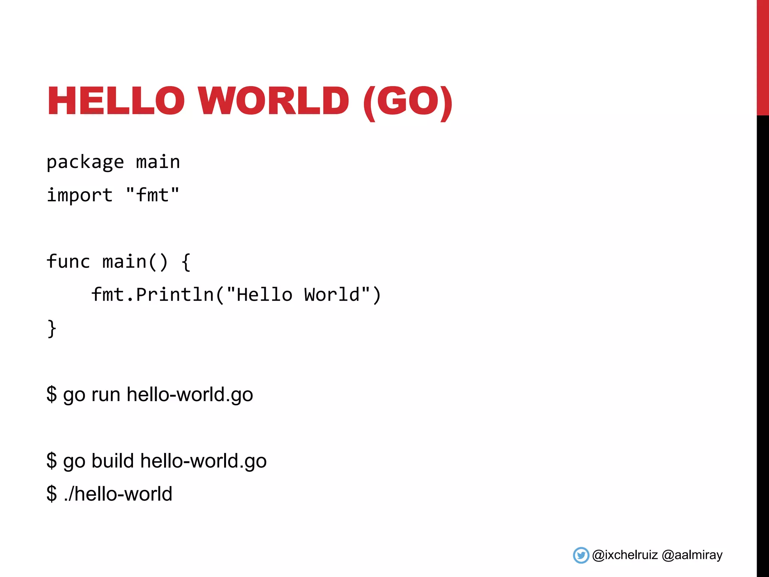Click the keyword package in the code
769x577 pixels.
(x=85, y=162)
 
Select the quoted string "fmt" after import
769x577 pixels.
(x=152, y=195)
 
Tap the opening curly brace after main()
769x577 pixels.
(x=186, y=262)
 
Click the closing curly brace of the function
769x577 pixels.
(x=52, y=329)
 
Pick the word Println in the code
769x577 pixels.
(x=175, y=295)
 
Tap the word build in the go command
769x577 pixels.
(x=112, y=461)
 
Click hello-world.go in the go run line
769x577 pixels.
(x=190, y=395)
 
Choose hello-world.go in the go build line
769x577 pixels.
(x=203, y=461)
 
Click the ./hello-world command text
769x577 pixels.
(x=118, y=494)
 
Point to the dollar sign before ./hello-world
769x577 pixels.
(x=51, y=494)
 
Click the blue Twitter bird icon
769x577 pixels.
(x=581, y=555)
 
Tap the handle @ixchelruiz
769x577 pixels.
(x=625, y=555)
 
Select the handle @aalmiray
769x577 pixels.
(x=692, y=555)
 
